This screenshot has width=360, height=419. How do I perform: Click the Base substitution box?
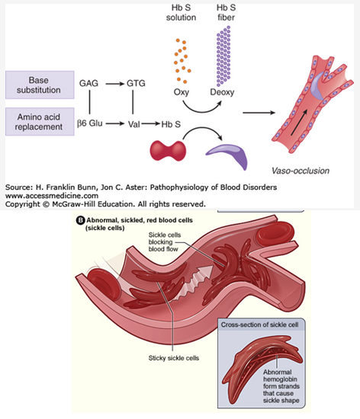point(40,85)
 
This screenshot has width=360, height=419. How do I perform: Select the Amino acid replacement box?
point(40,122)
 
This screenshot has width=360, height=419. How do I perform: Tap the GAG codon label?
point(88,83)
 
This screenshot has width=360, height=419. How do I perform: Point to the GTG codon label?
point(136,83)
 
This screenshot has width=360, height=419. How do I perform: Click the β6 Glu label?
point(89,123)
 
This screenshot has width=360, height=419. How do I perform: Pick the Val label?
point(133,124)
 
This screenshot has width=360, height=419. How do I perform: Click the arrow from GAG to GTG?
point(115,84)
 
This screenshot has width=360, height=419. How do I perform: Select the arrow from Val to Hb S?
point(150,124)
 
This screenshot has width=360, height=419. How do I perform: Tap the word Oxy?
point(182,92)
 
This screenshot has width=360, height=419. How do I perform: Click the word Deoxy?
point(222,92)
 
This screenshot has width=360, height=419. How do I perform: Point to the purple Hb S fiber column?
point(223,56)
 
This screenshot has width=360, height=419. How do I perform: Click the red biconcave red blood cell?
point(168,151)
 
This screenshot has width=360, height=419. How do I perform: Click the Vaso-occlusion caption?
point(301,171)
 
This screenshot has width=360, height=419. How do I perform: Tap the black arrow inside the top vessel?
point(299,123)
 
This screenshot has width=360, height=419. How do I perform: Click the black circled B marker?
point(80,220)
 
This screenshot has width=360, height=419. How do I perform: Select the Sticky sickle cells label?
point(174,358)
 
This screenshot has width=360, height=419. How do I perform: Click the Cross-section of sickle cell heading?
point(259,325)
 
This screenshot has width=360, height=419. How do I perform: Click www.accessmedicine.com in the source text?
point(52,196)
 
